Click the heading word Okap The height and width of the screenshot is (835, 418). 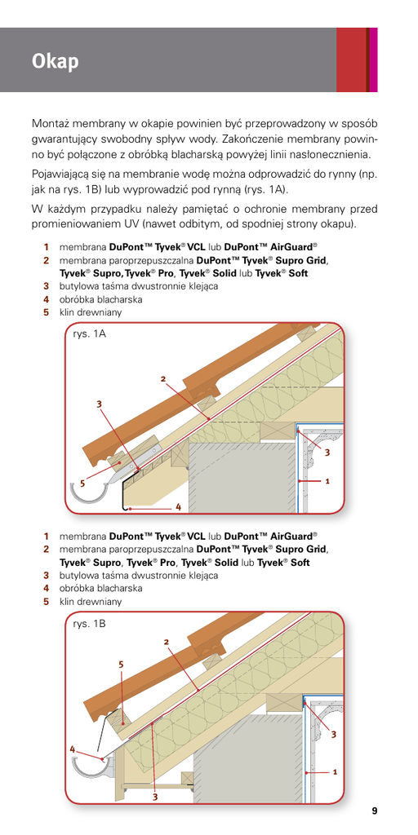tap(55, 62)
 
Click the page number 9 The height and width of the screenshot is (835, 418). tap(374, 811)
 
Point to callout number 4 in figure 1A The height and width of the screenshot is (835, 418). tap(179, 507)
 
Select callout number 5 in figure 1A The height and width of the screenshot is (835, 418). tap(82, 484)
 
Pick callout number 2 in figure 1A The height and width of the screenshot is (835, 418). tap(163, 379)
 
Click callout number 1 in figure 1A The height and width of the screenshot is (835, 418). tap(327, 480)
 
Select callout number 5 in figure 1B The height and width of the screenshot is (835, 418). tap(121, 664)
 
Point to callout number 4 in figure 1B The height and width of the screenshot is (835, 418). tap(72, 749)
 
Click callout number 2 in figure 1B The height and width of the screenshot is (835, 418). tap(167, 642)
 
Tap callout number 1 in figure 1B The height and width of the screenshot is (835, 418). tap(334, 771)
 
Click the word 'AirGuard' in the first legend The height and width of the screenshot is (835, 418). tap(292, 247)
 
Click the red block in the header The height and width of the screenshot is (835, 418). tap(351, 60)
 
